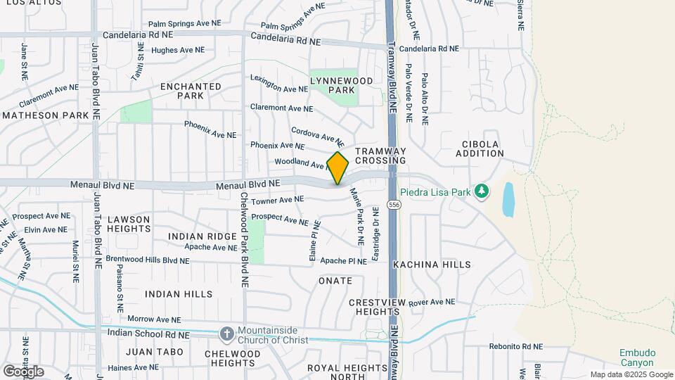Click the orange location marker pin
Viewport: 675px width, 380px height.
tap(338, 168)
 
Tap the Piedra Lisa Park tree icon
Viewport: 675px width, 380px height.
tap(482, 191)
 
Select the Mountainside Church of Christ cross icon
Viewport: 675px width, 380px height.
tap(227, 334)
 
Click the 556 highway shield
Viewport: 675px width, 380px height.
tap(394, 205)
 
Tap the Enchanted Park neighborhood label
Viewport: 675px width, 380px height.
tap(191, 91)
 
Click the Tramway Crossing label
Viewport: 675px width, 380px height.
tap(380, 156)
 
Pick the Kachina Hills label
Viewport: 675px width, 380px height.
tap(432, 265)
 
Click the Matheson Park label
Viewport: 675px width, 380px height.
tap(46, 115)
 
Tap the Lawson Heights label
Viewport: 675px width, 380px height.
tap(129, 224)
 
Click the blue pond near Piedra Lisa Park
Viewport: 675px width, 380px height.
tap(508, 198)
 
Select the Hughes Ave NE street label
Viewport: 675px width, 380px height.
tap(178, 50)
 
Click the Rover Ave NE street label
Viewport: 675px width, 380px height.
tap(432, 302)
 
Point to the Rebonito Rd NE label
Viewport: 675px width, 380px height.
tap(516, 346)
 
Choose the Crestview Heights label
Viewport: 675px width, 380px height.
tap(378, 306)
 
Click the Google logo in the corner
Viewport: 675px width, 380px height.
tap(24, 371)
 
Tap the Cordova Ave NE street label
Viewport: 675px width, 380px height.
tap(317, 135)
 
